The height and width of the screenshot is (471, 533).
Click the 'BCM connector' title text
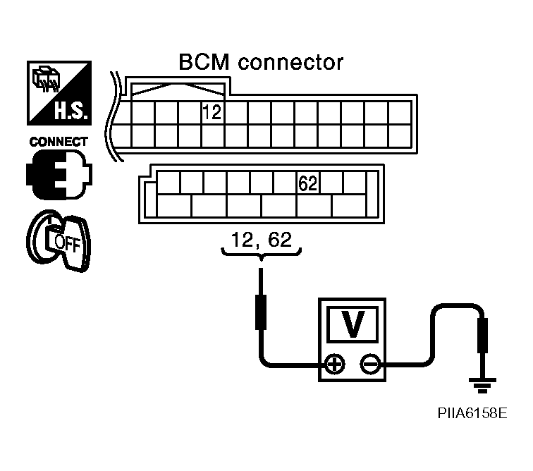point(261,62)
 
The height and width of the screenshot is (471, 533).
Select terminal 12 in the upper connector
point(212,113)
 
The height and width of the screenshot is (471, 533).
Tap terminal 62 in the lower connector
point(308,183)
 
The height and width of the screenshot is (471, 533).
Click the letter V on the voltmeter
point(353,324)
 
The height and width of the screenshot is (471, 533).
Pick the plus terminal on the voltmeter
point(335,365)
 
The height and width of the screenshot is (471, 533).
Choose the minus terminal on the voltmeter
point(370,365)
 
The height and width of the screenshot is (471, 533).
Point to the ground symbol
point(482,385)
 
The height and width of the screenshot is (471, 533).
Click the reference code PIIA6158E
point(472,413)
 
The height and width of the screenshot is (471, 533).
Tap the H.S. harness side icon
point(59,93)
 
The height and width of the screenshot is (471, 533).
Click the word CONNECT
point(59,142)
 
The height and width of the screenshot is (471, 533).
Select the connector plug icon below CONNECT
point(59,174)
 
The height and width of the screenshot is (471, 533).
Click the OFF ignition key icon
point(59,240)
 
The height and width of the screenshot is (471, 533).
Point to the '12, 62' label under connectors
point(261,240)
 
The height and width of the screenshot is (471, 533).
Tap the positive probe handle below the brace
point(261,312)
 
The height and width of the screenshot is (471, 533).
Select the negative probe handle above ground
point(482,336)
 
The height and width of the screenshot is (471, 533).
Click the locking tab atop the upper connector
point(178,89)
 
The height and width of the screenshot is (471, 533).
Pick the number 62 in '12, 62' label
point(280,240)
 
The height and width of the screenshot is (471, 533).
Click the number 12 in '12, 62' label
point(242,240)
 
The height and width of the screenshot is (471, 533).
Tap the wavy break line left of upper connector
point(115,116)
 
